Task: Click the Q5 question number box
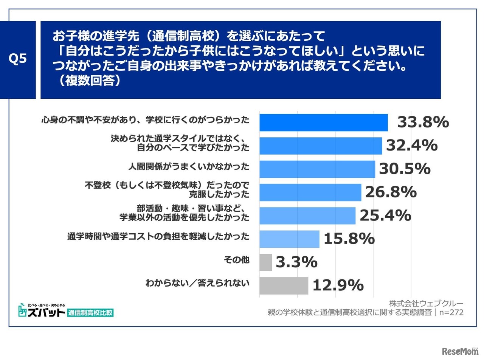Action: [18, 59]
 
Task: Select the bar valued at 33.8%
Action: [323, 123]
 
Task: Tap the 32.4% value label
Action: [412, 145]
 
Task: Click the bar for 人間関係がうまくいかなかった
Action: [317, 169]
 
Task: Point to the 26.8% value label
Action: [391, 192]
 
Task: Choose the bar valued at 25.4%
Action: [307, 216]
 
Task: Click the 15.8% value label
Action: [349, 239]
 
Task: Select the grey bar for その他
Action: [265, 262]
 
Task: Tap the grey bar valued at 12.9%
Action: [284, 286]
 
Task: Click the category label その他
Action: [237, 260]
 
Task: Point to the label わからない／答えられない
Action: [197, 283]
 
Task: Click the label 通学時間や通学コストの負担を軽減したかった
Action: [158, 237]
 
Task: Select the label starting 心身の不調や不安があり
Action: [145, 120]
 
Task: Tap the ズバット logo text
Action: [42, 312]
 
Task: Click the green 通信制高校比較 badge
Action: [90, 313]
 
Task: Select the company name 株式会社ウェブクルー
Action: [426, 303]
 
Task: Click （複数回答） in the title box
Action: [88, 81]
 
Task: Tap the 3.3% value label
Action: [296, 262]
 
